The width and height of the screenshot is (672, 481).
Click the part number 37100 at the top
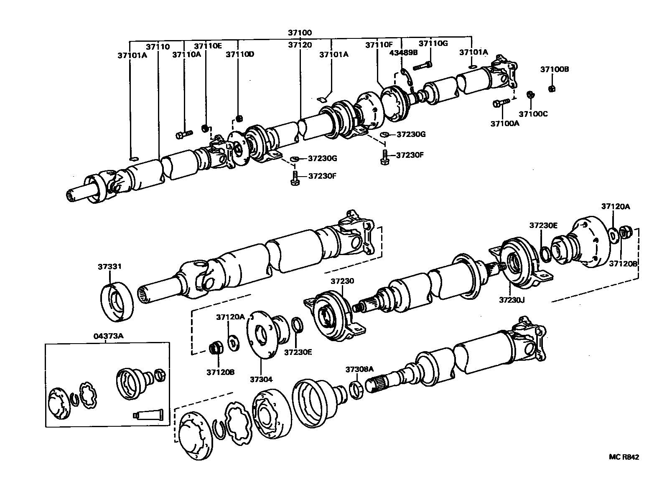coord(300,33)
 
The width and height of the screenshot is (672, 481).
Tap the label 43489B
coord(403,53)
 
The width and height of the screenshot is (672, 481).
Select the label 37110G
coord(433,43)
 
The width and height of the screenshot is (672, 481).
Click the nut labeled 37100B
coord(551,89)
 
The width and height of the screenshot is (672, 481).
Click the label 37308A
coord(359,369)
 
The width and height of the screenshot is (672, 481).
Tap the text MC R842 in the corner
coord(624,457)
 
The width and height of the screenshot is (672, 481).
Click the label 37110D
coord(240,54)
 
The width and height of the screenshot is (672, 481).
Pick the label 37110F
coord(379,45)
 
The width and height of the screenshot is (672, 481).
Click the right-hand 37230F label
coord(410,155)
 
